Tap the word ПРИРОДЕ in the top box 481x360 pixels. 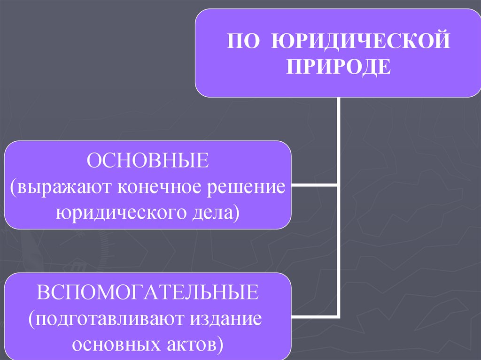coord(339,66)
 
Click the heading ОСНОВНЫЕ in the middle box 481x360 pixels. coord(147,161)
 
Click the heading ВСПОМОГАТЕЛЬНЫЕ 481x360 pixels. coord(147,293)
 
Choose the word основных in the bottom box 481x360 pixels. coord(111,345)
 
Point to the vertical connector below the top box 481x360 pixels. coord(338,141)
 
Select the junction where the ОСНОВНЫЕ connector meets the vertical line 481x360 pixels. coord(338,185)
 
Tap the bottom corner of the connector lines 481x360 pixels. coord(338,316)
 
